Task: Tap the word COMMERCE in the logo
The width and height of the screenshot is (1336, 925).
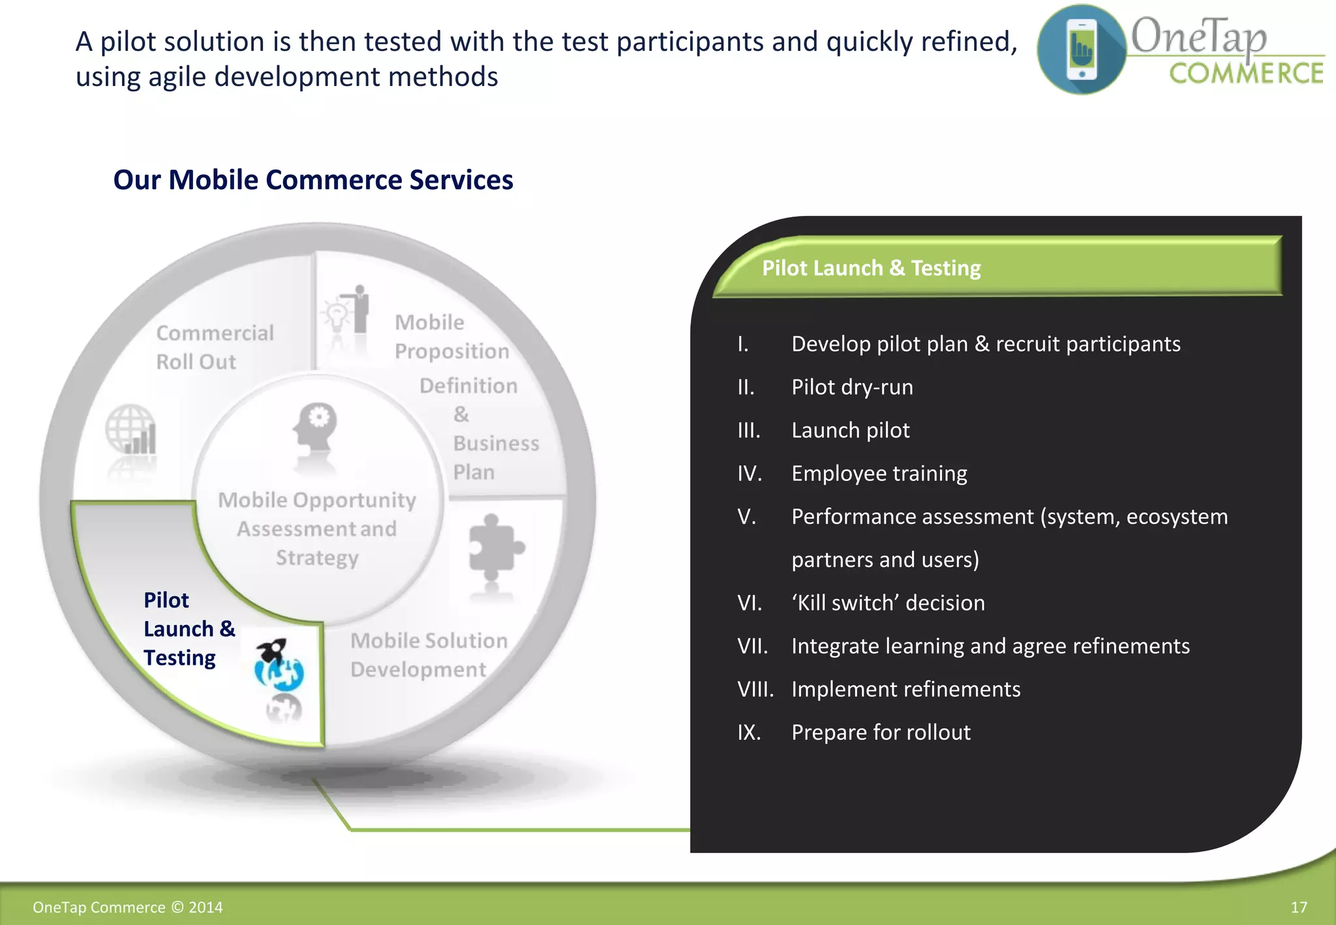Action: (x=1245, y=74)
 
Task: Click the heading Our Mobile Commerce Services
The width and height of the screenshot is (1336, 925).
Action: (x=313, y=180)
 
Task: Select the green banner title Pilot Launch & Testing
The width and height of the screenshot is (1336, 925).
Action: (x=871, y=268)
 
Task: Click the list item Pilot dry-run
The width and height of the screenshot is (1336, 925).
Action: (x=852, y=387)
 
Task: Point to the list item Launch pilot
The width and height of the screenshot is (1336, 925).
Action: (x=850, y=431)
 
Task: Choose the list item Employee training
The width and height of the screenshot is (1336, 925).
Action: (x=879, y=474)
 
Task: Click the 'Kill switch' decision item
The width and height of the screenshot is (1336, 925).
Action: (x=888, y=603)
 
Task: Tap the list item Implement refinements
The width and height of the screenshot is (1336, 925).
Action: (x=905, y=690)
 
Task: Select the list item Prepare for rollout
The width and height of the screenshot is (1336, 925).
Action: (x=881, y=733)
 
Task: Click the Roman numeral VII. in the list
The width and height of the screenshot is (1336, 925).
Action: (x=752, y=646)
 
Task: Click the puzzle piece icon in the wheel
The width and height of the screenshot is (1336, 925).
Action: (x=494, y=548)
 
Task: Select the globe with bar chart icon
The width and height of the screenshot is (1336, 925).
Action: (x=131, y=430)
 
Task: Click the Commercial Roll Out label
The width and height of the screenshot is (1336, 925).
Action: (x=215, y=347)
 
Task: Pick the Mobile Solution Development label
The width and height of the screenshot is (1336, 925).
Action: (x=429, y=655)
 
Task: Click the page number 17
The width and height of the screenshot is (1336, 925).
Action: (x=1298, y=907)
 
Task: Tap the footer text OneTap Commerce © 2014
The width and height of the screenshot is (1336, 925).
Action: (x=128, y=907)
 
